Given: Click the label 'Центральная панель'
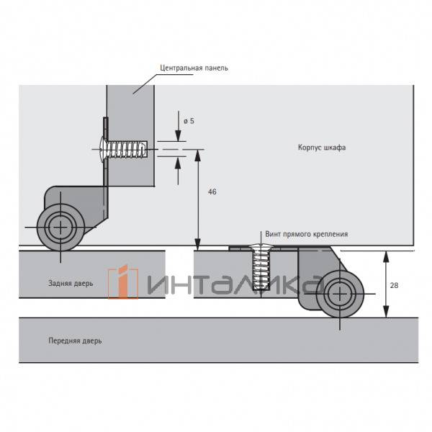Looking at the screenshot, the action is pyautogui.click(x=194, y=68).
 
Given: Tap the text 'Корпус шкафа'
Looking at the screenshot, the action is pyautogui.click(x=322, y=148).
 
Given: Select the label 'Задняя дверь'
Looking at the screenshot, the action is pyautogui.click(x=71, y=283).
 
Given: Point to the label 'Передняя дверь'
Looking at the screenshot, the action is pyautogui.click(x=75, y=341).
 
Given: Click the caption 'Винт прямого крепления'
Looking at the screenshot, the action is pyautogui.click(x=307, y=234).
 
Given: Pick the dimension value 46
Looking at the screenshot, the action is pyautogui.click(x=212, y=192).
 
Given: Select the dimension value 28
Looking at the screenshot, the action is pyautogui.click(x=394, y=285).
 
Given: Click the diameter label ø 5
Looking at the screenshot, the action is pyautogui.click(x=189, y=121).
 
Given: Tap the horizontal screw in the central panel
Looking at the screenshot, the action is pyautogui.click(x=123, y=149).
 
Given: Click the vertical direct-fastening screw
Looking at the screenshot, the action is pyautogui.click(x=261, y=266).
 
